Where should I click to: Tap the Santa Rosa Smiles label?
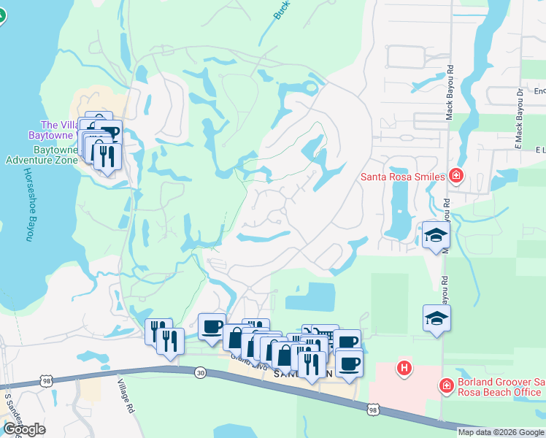(x=402, y=177)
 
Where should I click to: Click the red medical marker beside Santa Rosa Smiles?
(x=455, y=175)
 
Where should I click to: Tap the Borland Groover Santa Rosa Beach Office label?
(x=501, y=388)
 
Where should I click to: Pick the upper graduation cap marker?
(x=437, y=235)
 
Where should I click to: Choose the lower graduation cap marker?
(x=437, y=318)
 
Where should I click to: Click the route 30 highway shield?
(x=200, y=372)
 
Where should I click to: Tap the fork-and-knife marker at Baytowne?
(x=107, y=155)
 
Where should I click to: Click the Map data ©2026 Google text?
(x=501, y=432)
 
